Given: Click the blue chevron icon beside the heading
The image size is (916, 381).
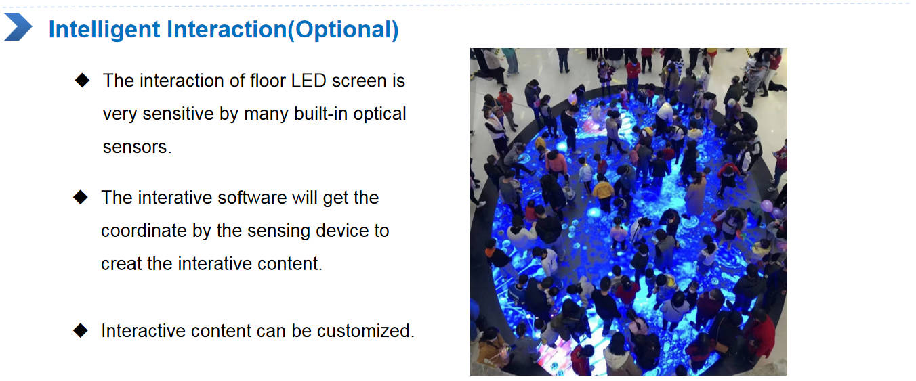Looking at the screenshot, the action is pos(18,27).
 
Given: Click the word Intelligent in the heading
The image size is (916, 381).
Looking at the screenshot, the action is pos(104,29).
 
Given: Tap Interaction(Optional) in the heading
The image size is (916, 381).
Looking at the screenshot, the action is pos(283,29).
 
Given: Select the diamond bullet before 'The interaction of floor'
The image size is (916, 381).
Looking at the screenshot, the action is pos(82,80).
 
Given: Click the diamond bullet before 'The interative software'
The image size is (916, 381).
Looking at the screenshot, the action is pos(81,197).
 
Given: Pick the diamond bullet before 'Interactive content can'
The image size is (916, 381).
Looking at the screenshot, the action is pos(81,330).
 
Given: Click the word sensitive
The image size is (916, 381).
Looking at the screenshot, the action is pos(178,114).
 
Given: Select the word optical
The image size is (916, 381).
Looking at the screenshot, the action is pos(379,114).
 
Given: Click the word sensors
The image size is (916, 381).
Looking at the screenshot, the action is pos(137,147).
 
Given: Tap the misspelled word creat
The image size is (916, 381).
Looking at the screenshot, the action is pos(121,264).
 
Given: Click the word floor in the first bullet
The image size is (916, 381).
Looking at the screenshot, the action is pos(268,81).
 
